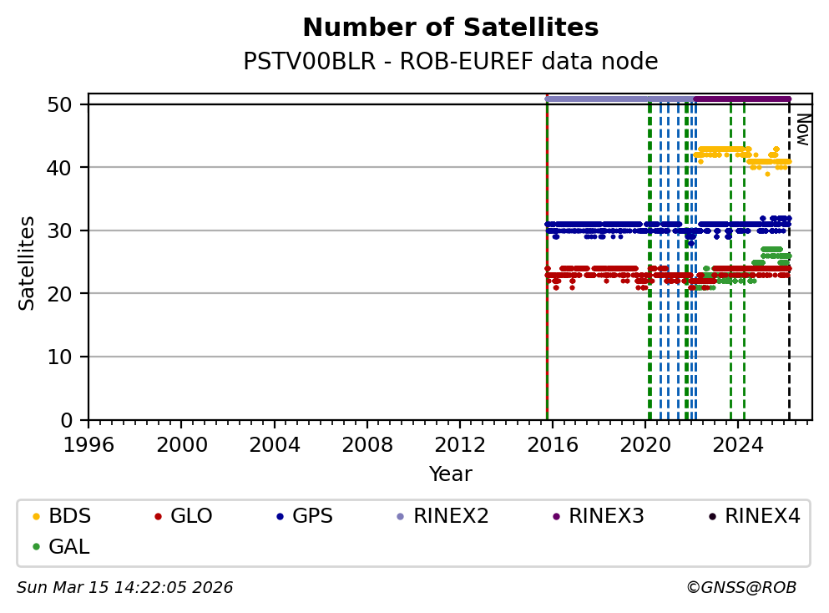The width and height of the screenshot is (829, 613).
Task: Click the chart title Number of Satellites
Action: pos(450,28)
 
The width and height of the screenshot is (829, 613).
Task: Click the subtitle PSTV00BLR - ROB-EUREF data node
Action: pos(450,62)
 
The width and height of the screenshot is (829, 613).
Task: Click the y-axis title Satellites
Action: pos(28,263)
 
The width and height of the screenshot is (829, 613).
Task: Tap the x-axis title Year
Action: pos(450,475)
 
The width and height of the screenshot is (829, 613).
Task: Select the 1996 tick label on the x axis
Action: pos(89,443)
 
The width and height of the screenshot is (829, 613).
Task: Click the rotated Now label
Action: pos(802,129)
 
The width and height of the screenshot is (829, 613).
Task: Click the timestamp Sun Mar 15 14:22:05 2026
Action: pos(124,588)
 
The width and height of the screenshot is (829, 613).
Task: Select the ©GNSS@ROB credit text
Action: pos(741,588)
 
